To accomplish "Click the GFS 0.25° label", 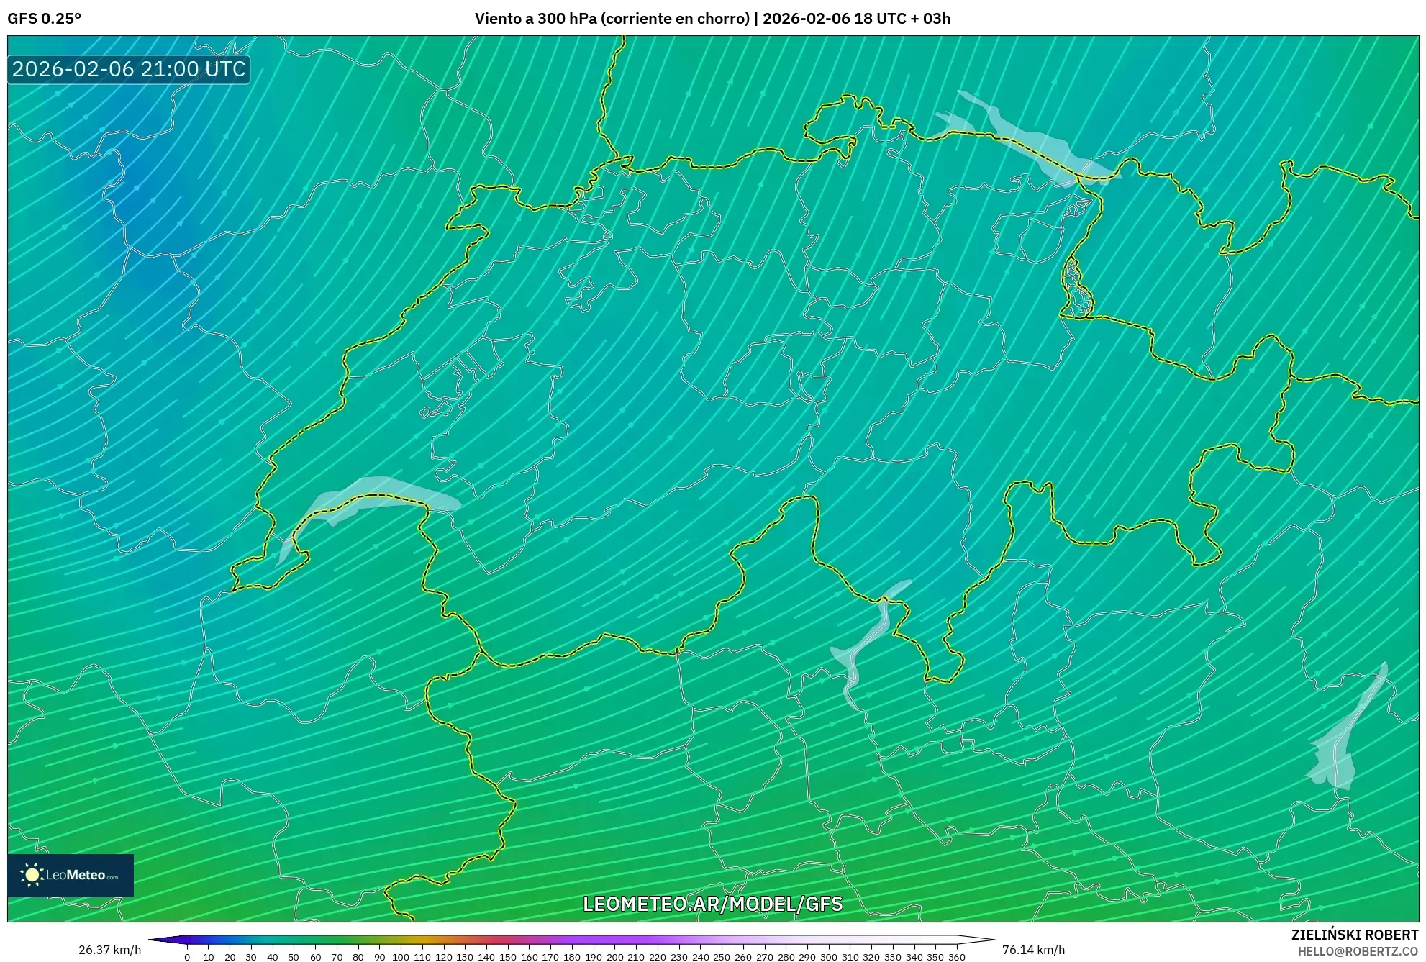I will (x=44, y=18).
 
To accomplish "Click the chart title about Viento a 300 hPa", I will (x=712, y=18).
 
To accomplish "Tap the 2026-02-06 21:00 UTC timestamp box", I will (x=129, y=69).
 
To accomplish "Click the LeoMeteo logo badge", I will (x=71, y=875).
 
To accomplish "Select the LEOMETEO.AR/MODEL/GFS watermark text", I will (x=712, y=904).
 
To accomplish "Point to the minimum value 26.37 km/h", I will (x=109, y=950).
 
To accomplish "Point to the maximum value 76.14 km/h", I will (x=1033, y=950).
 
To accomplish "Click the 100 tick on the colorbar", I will (x=400, y=957).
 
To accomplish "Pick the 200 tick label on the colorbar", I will (x=614, y=957).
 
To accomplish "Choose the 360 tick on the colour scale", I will (x=956, y=957).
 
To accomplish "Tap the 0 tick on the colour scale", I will (x=187, y=957).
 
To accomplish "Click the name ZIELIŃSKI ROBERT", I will (x=1354, y=935).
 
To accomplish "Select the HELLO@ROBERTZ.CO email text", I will (x=1358, y=951).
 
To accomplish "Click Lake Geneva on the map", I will (x=374, y=495).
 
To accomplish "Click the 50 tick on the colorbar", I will (x=294, y=957).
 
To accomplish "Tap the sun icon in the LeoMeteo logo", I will (x=32, y=875).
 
